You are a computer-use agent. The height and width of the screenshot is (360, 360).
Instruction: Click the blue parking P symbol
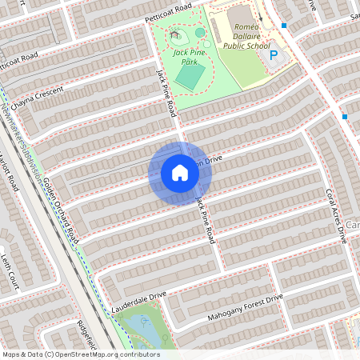[x=274, y=56]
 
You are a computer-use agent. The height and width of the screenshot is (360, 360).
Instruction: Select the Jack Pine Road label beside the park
[x=165, y=92]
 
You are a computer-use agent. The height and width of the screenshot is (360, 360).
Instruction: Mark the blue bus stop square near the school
[x=284, y=26]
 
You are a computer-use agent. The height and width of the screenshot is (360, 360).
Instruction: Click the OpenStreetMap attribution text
[x=80, y=354]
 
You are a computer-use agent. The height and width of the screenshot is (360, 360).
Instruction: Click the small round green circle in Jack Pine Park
[x=199, y=33]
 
